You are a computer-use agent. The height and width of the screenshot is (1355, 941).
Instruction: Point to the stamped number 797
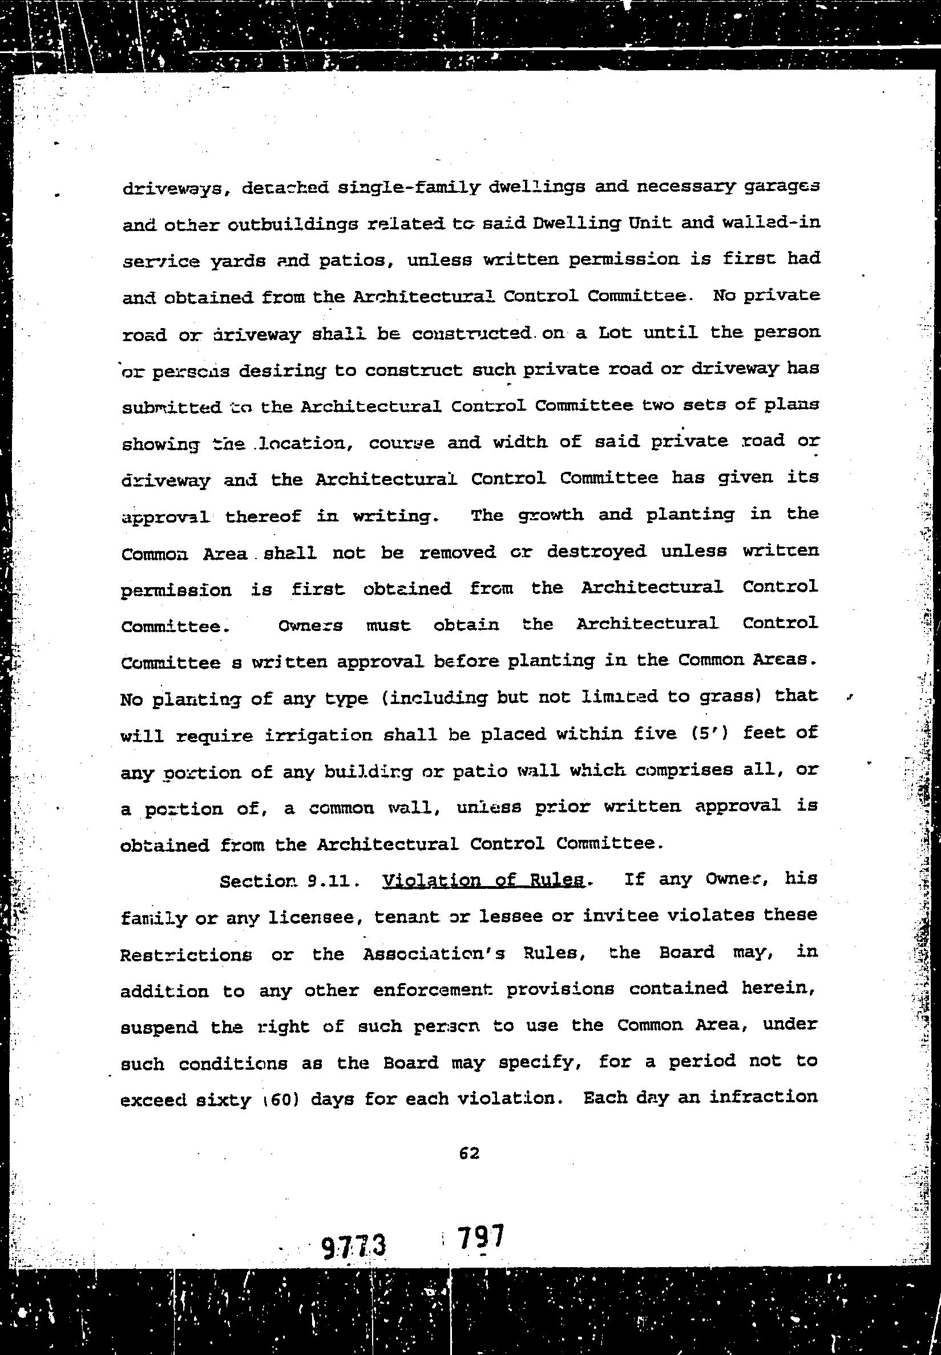tap(481, 1236)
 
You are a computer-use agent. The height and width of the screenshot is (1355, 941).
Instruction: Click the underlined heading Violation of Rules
tap(483, 880)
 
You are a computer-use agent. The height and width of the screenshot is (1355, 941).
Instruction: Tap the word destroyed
tap(597, 552)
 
